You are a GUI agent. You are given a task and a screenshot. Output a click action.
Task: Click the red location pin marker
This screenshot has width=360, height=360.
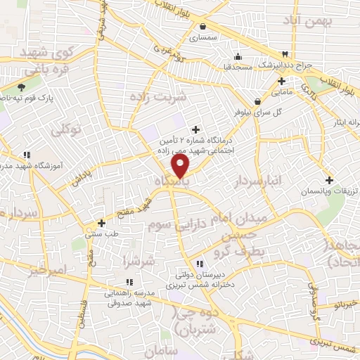(x=181, y=166)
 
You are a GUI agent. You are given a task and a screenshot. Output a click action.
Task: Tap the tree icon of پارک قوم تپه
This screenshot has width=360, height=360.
(x=22, y=88)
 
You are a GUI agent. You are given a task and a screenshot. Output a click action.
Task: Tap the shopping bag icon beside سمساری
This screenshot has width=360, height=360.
(x=202, y=26)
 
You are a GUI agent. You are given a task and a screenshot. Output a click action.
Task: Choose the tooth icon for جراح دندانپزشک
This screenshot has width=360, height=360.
(x=285, y=54)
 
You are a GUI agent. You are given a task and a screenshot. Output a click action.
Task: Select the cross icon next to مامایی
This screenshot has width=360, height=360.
(x=281, y=80)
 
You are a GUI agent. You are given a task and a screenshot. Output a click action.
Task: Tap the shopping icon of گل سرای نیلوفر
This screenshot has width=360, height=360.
(x=258, y=101)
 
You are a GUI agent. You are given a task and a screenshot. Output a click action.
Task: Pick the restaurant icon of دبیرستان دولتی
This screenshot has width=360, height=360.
(x=199, y=263)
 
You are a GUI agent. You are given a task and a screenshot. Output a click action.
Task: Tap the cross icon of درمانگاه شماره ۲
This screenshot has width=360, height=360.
(x=195, y=129)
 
